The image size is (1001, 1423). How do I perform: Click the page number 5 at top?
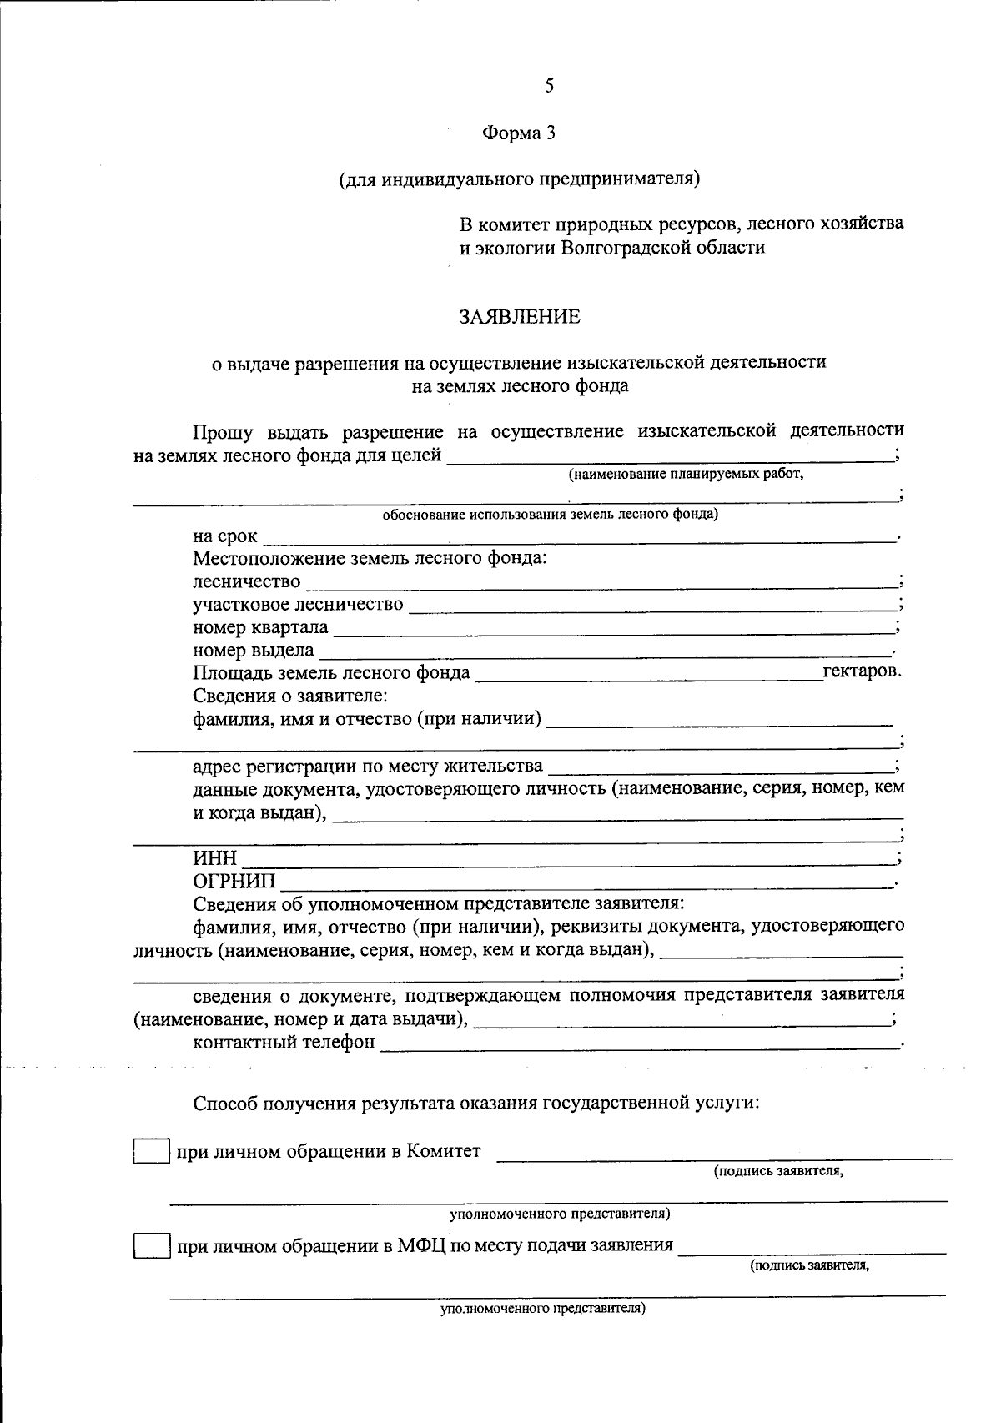(x=548, y=86)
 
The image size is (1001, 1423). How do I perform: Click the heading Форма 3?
(x=518, y=133)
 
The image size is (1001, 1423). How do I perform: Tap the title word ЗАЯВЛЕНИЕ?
(x=519, y=317)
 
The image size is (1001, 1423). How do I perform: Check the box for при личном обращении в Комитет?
(x=151, y=1152)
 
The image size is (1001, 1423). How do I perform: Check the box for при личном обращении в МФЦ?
(x=151, y=1246)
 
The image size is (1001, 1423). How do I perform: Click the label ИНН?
(x=215, y=858)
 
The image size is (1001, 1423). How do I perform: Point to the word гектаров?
(x=861, y=671)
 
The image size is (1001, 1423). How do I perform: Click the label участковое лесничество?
(x=298, y=604)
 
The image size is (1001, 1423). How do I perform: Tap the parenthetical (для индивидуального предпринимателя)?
(x=518, y=179)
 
